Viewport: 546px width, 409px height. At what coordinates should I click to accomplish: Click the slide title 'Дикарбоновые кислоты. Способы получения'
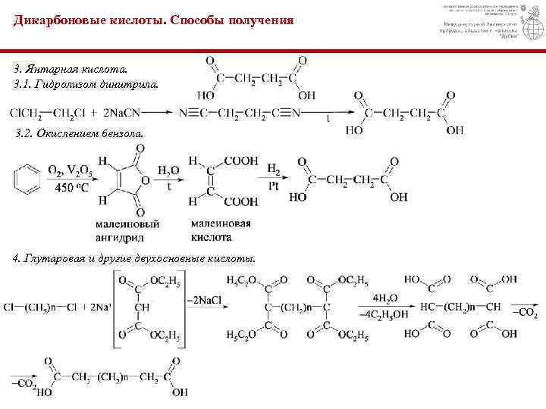[152, 20]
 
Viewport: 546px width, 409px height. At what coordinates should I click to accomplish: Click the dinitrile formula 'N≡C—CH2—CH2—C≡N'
[240, 114]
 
